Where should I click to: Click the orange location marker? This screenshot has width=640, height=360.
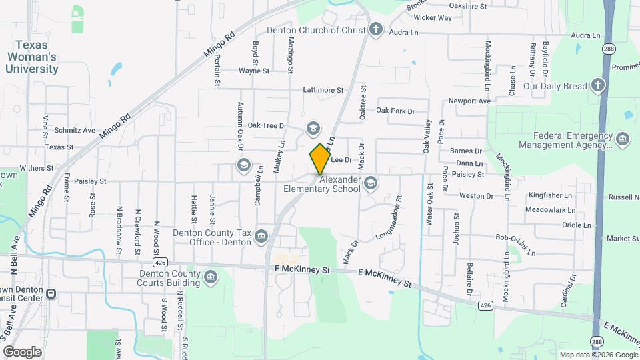(320, 159)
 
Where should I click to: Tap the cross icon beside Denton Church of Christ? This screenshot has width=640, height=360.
(376, 30)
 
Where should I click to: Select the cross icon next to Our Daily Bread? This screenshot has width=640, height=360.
(597, 86)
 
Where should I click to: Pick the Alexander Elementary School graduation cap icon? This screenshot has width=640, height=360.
(371, 183)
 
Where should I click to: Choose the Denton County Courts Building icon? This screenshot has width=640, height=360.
(211, 276)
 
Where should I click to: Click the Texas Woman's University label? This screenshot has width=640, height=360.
(33, 57)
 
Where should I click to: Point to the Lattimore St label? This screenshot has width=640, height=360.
(323, 90)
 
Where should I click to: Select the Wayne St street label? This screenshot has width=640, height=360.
(253, 71)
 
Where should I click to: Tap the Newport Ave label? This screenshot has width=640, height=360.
(469, 101)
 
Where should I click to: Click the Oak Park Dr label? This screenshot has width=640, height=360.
(395, 111)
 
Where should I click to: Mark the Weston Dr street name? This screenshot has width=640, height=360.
(476, 196)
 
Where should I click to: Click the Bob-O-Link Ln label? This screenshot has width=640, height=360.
(515, 244)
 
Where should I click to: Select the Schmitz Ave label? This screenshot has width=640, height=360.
(75, 131)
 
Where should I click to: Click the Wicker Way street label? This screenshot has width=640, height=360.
(433, 17)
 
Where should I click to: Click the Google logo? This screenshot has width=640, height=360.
(23, 351)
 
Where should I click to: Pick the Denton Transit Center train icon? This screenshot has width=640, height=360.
(51, 294)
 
